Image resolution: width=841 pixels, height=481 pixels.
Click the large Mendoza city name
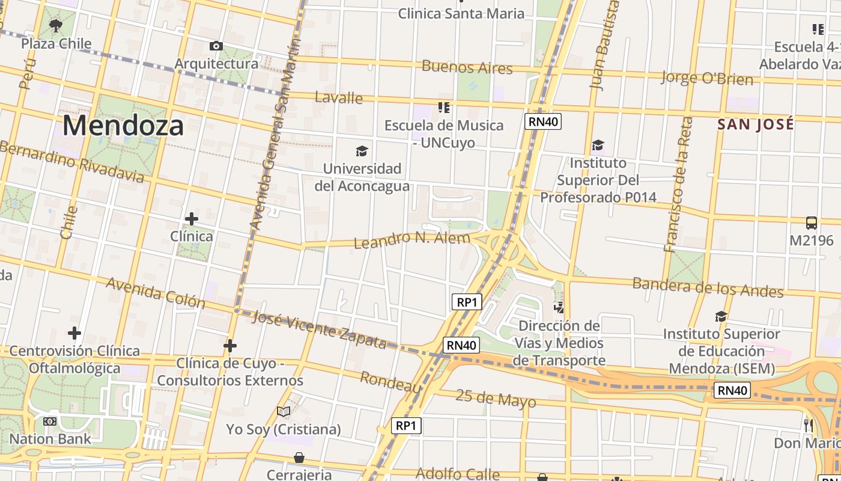[123, 126]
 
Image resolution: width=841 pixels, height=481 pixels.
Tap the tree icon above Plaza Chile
[56, 26]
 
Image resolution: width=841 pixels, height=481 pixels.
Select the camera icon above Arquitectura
[216, 46]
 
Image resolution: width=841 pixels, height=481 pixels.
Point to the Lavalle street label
[339, 97]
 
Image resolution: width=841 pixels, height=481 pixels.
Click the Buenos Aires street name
[467, 67]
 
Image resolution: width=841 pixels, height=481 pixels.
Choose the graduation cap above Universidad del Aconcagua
[362, 151]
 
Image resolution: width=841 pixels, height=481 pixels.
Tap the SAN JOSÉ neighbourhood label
[756, 124]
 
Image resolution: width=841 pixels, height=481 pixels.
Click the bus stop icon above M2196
[811, 223]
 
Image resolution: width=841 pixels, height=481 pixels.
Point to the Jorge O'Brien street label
[706, 78]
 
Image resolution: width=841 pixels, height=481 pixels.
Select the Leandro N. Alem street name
[412, 240]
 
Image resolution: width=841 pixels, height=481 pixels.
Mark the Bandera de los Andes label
[708, 287]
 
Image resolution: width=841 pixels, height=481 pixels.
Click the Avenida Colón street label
[156, 292]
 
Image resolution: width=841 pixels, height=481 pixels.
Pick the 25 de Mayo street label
[496, 398]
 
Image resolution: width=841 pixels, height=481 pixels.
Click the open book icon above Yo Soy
[284, 411]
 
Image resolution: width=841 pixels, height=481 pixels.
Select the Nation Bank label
[50, 439]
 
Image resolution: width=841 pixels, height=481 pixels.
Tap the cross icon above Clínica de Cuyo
[229, 346]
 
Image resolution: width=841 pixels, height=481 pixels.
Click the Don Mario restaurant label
[807, 443]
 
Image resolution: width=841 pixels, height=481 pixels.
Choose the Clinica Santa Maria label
[461, 13]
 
